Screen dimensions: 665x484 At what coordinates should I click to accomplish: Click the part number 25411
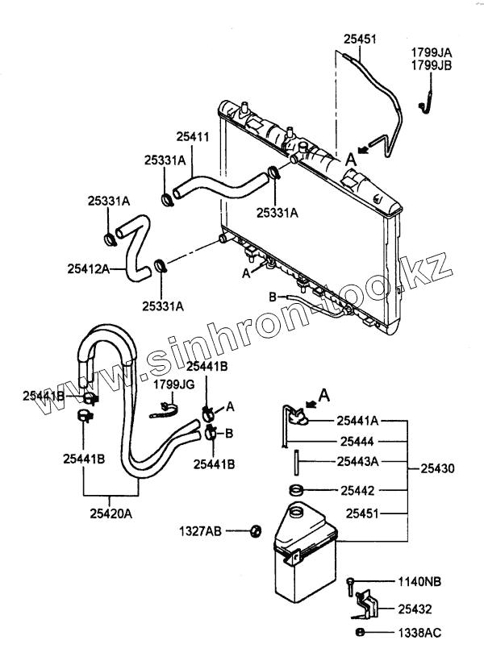pos(194,138)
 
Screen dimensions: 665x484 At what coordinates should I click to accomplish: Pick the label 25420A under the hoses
pos(111,509)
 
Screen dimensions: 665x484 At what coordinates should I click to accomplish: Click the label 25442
pos(357,488)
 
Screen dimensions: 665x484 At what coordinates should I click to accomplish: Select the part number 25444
pos(357,441)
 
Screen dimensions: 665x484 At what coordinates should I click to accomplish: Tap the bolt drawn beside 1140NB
pos(350,584)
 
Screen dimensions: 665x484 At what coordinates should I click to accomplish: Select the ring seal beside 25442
pos(296,489)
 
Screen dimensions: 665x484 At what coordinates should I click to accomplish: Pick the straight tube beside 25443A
pos(296,463)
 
